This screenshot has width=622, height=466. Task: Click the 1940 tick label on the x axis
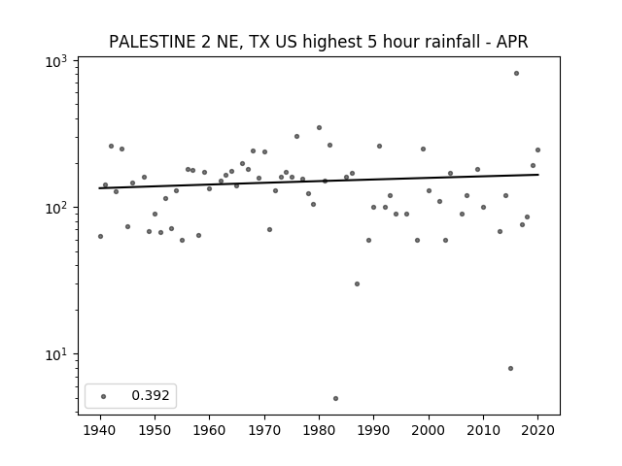[x=100, y=430]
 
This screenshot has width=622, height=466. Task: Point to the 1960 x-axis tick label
[x=210, y=430]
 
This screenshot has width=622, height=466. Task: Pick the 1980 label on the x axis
[x=319, y=430]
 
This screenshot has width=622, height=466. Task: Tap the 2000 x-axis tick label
[x=429, y=430]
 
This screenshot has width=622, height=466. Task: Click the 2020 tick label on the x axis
[x=537, y=430]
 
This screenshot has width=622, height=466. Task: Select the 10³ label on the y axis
[x=56, y=62]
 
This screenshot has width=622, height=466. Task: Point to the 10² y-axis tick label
[x=56, y=208]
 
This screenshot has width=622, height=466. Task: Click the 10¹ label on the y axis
[x=56, y=354]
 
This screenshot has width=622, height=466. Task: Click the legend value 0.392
[x=151, y=395]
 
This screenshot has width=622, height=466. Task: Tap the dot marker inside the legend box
[x=104, y=396]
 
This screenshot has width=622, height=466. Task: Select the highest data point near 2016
[x=516, y=74]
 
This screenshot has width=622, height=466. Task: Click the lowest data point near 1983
[x=335, y=398]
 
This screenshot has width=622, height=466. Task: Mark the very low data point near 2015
[x=510, y=368]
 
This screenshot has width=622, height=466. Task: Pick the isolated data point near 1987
[x=357, y=283]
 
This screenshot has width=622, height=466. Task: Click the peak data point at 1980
[x=319, y=127]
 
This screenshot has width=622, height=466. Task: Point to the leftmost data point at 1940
[x=100, y=236]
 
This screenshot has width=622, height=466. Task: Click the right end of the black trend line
[x=538, y=175]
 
